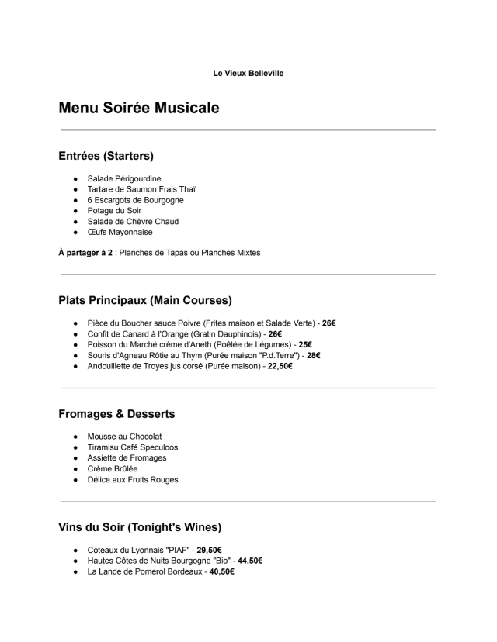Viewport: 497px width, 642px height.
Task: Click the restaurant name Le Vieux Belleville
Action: tap(248, 73)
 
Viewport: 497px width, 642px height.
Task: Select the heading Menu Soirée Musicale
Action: tap(138, 108)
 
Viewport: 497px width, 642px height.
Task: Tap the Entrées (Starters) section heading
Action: tap(106, 156)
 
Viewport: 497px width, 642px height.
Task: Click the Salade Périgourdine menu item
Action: tap(124, 178)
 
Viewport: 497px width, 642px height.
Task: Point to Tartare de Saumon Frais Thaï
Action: tap(141, 189)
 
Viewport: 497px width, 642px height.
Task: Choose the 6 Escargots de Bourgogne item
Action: tap(135, 200)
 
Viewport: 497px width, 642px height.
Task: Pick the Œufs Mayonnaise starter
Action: tap(120, 232)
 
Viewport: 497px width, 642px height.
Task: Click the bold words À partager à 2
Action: tap(85, 252)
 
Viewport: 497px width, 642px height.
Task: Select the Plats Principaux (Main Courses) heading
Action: tap(144, 300)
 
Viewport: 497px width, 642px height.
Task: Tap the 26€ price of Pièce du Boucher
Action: tap(329, 323)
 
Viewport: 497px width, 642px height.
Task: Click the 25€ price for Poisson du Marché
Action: tap(305, 344)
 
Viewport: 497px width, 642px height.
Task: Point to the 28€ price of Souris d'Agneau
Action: tap(314, 355)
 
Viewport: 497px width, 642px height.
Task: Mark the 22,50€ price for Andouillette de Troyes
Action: tap(280, 366)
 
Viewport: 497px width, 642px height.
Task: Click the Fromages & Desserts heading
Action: tap(116, 414)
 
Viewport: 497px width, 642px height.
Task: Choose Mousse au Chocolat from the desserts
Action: tap(124, 437)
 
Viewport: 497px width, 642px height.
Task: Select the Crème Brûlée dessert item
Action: tap(112, 468)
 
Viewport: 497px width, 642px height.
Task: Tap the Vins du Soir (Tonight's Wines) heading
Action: tap(140, 527)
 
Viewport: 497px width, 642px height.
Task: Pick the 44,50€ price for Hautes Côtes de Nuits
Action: tap(250, 561)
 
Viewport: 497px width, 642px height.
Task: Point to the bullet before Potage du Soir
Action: tap(76, 211)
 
